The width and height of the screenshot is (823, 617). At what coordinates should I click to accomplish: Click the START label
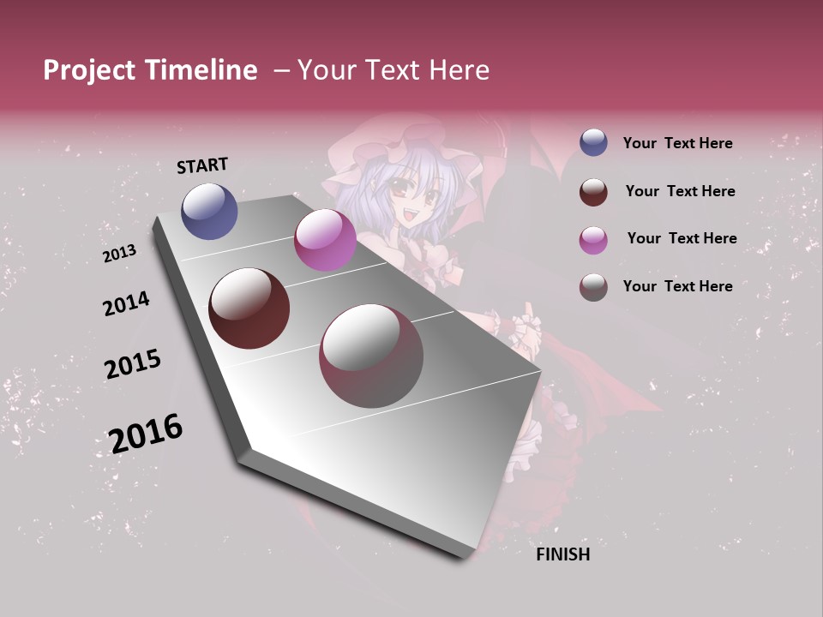(202, 165)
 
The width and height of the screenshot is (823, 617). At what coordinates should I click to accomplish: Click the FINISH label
(563, 554)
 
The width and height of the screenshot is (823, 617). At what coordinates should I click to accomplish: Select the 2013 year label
(119, 254)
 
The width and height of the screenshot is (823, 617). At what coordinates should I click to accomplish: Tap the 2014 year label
(126, 303)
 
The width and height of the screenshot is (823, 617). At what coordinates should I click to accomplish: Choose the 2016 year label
(146, 433)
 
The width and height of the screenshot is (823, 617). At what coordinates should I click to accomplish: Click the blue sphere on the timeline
(209, 211)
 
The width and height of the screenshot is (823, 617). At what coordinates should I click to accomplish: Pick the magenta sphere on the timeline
(325, 240)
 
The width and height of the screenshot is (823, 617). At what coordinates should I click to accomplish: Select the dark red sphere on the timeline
(249, 308)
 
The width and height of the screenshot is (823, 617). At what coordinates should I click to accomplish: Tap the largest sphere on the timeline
(371, 355)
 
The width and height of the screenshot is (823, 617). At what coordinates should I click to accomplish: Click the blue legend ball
(593, 143)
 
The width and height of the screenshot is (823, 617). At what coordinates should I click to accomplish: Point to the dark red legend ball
(593, 191)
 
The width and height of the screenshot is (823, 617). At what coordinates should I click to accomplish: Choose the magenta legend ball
(593, 239)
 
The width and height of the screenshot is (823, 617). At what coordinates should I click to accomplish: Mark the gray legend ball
(593, 287)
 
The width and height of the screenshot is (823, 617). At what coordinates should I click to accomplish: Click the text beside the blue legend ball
(677, 143)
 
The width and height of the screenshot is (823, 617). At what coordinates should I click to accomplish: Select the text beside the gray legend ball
(677, 286)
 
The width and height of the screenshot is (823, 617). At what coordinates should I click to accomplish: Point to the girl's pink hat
(403, 146)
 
